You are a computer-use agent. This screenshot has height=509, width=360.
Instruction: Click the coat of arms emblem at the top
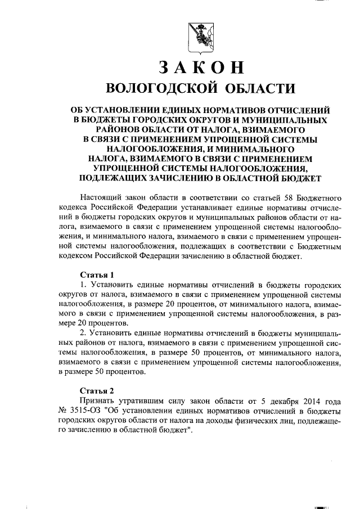point(201,35)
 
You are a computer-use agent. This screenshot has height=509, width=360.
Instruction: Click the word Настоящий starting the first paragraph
point(98,199)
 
